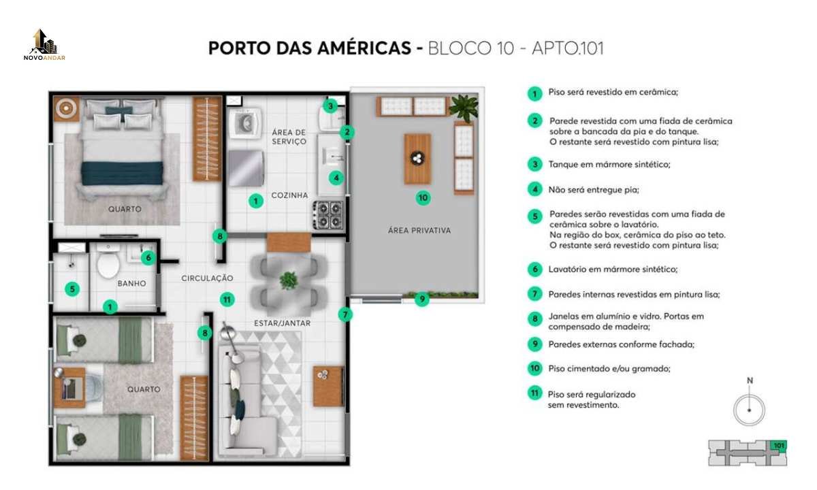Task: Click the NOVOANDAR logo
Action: click(x=44, y=44)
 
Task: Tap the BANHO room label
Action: click(x=131, y=283)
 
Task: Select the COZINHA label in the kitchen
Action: click(x=289, y=195)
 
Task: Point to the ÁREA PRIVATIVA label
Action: click(x=419, y=231)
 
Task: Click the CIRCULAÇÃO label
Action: click(x=207, y=278)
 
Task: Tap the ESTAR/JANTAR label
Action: click(x=283, y=323)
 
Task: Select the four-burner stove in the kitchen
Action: click(x=328, y=215)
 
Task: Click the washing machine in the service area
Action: click(x=245, y=123)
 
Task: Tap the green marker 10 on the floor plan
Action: click(x=423, y=198)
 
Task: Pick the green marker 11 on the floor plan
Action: click(x=227, y=299)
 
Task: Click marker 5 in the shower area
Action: click(x=72, y=289)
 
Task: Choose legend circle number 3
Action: click(x=535, y=165)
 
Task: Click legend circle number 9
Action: click(x=535, y=344)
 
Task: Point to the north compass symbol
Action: click(x=749, y=406)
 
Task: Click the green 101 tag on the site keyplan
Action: click(x=778, y=446)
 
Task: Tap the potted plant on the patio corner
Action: click(x=464, y=108)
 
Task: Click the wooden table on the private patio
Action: click(x=417, y=159)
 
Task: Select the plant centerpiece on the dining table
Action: click(x=289, y=280)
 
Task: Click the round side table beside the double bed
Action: click(x=66, y=108)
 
